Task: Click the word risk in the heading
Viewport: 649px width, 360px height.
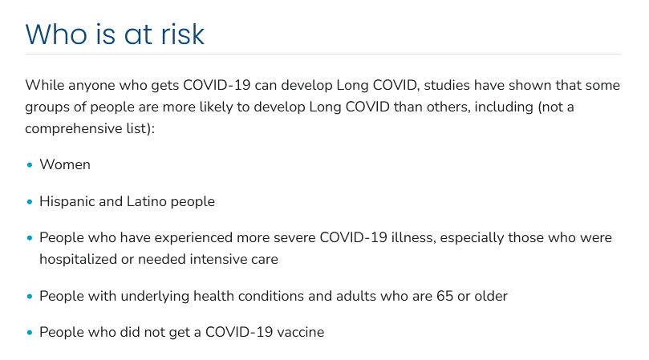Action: click(183, 34)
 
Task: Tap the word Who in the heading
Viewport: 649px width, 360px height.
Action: click(56, 34)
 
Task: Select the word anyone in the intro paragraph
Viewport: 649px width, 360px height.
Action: click(91, 86)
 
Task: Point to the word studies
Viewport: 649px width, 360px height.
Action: click(447, 85)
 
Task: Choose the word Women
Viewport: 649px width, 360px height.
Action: click(65, 164)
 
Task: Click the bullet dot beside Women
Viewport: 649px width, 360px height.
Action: click(30, 165)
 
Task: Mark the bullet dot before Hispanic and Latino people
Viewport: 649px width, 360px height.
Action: click(30, 202)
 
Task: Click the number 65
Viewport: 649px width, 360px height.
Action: click(445, 297)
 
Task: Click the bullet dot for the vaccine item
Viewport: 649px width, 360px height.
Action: click(30, 332)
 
